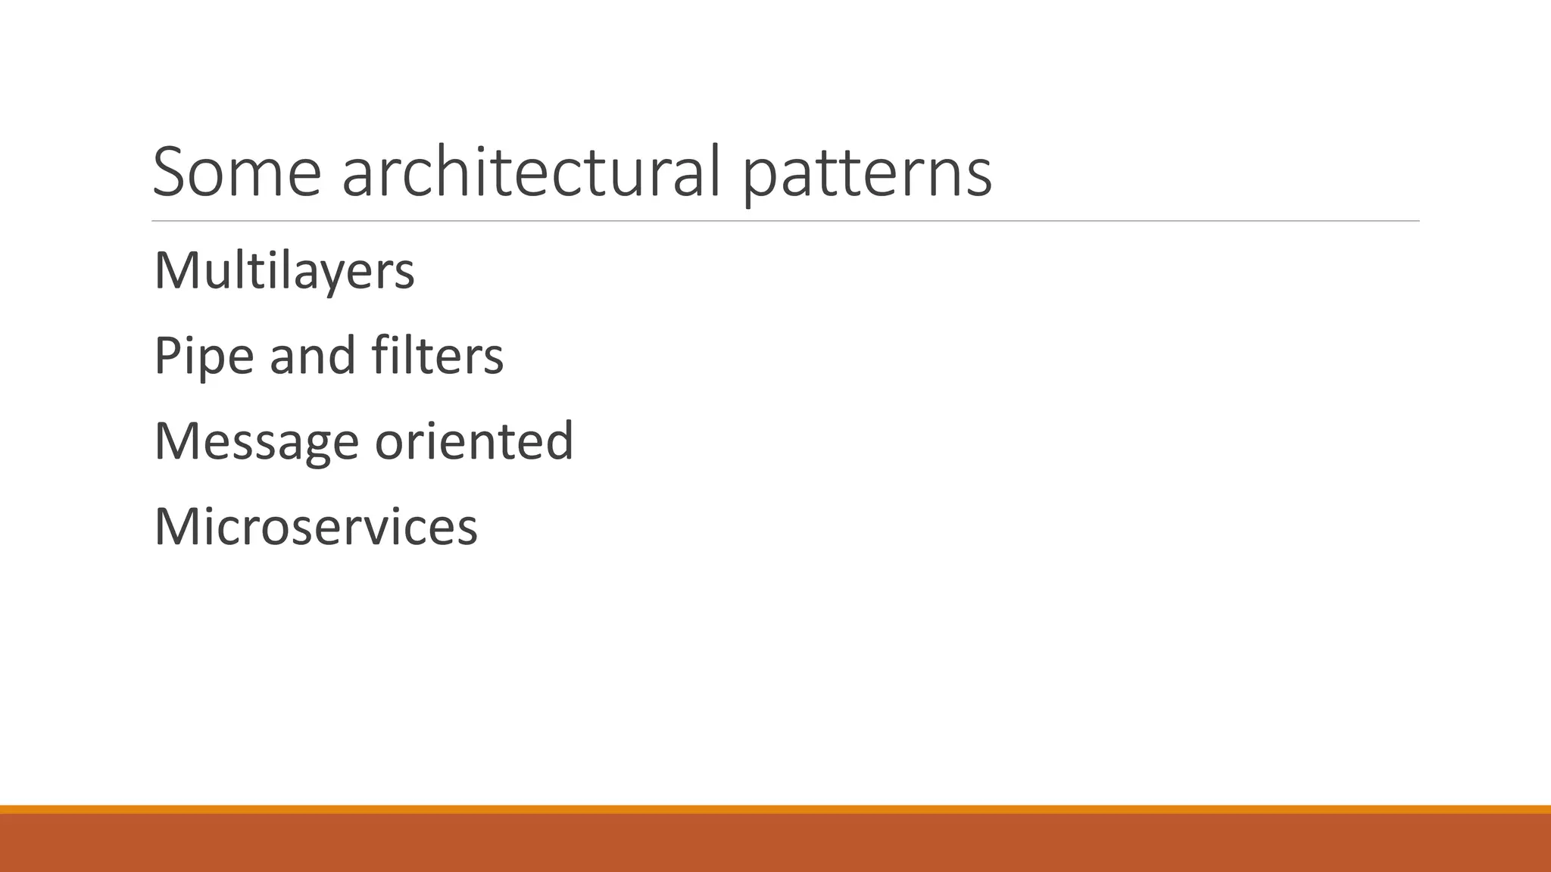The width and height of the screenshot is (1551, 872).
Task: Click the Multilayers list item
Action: [284, 271]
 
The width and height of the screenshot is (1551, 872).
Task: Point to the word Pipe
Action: [204, 356]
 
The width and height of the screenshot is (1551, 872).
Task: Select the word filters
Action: [437, 356]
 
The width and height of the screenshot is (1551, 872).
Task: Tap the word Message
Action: [256, 442]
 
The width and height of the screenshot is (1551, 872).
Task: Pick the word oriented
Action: [474, 441]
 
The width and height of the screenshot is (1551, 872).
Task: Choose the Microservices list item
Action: [316, 527]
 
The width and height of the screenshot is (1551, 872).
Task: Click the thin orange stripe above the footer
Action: [775, 809]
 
